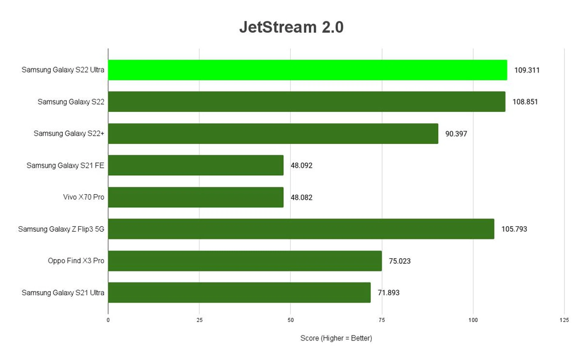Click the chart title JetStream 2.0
(291, 27)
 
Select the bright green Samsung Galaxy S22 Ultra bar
(307, 70)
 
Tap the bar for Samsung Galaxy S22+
(273, 133)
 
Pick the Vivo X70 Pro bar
(196, 197)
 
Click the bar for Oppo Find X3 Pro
(245, 261)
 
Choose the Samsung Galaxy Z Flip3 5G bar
(301, 229)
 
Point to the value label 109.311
(527, 70)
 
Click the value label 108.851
(525, 102)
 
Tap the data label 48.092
(301, 166)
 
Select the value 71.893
(388, 293)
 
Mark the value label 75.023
(400, 261)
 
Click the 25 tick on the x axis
(199, 320)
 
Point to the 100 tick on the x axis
(473, 320)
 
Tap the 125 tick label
(564, 320)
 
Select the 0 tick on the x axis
(108, 320)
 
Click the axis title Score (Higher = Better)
(336, 338)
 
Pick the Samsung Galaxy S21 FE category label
(65, 166)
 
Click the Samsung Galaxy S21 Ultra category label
(63, 293)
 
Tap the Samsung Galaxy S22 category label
(71, 102)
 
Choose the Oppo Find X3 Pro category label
(76, 261)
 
